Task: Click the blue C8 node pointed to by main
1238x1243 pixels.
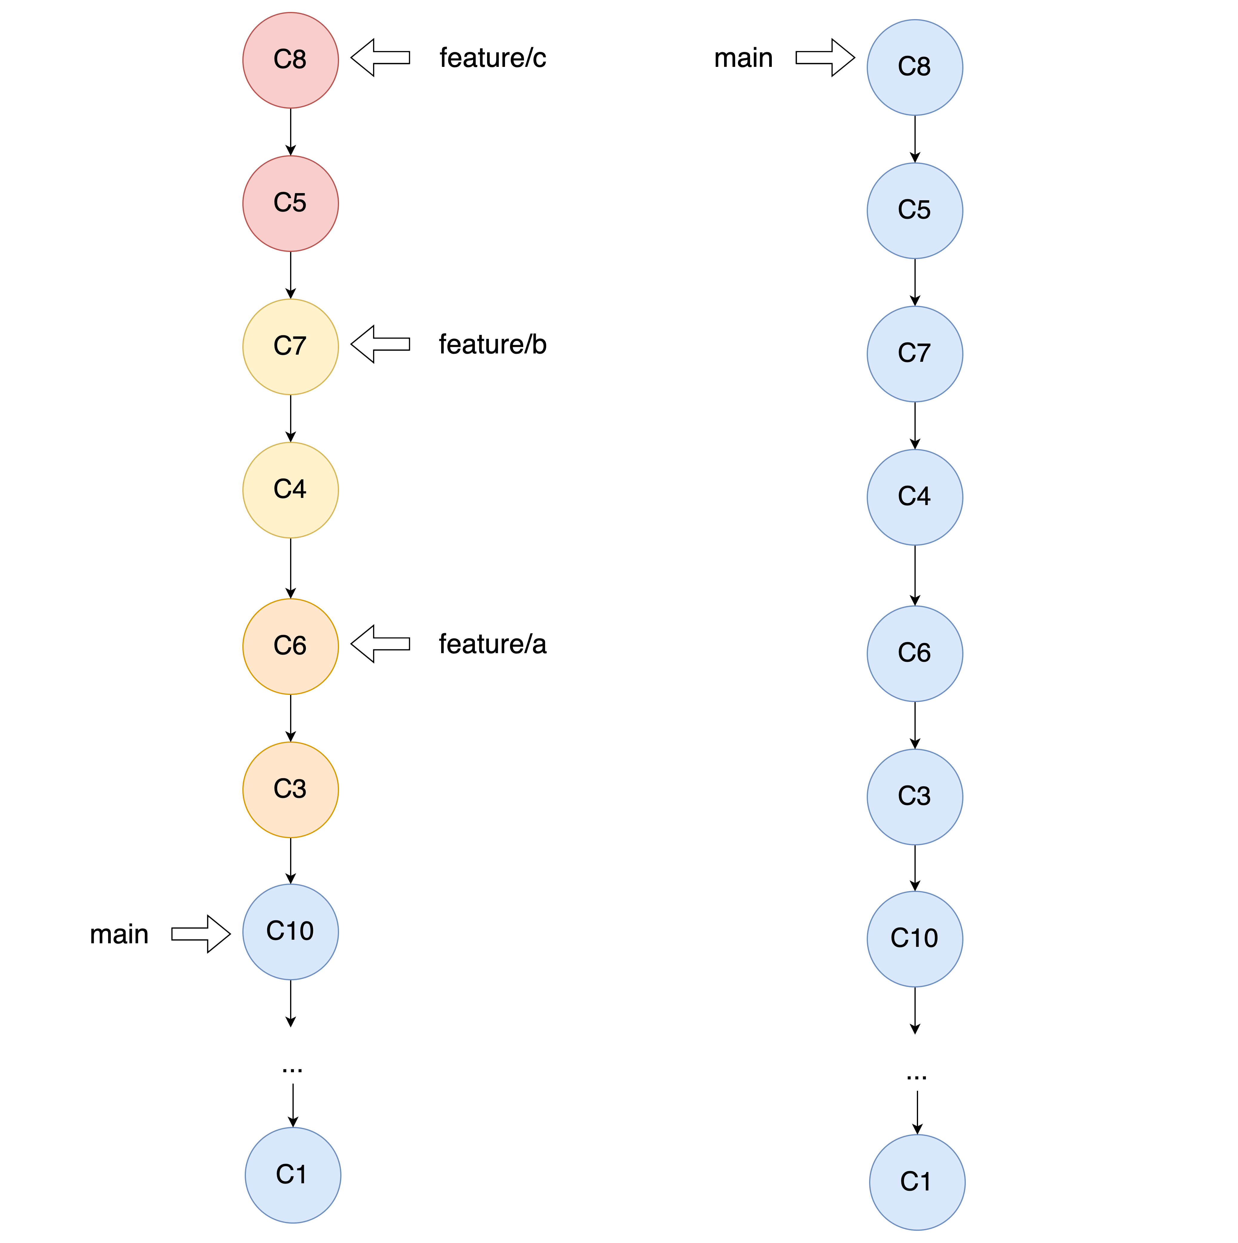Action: click(915, 67)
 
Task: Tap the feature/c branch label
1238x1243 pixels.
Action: click(493, 58)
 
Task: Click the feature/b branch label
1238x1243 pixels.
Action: click(493, 345)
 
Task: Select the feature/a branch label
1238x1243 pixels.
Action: click(493, 644)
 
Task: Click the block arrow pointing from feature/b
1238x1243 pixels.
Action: click(380, 344)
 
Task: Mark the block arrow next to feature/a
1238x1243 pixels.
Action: click(380, 644)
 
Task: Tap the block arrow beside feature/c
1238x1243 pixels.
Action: click(380, 57)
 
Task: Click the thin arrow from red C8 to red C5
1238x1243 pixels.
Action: click(291, 132)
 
